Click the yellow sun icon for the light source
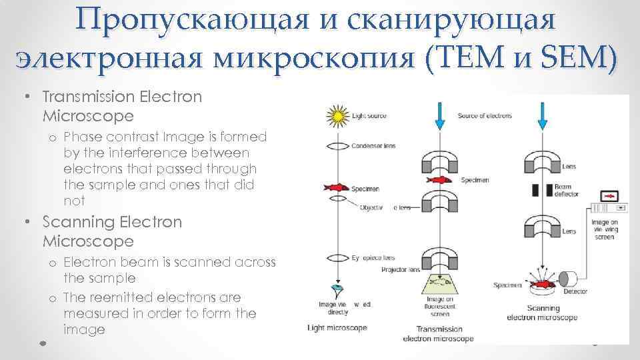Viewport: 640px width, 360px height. tap(339, 117)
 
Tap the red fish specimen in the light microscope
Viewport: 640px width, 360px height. tap(338, 188)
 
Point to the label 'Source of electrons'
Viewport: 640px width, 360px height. tap(485, 116)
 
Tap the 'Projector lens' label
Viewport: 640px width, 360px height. tap(399, 270)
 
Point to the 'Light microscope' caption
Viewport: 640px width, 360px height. tap(337, 327)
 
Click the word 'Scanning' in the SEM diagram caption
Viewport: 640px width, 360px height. tap(543, 308)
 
